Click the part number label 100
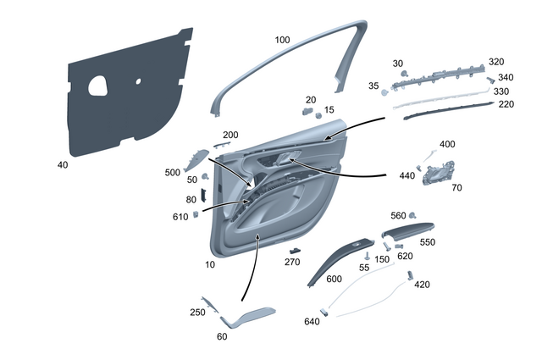click(x=283, y=40)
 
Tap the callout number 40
click(x=63, y=164)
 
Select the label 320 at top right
click(x=496, y=63)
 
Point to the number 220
click(x=506, y=104)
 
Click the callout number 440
click(x=407, y=175)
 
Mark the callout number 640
click(x=312, y=321)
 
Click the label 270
click(x=292, y=263)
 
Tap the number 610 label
click(x=180, y=217)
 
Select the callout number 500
click(x=173, y=172)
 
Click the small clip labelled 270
click(x=296, y=250)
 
